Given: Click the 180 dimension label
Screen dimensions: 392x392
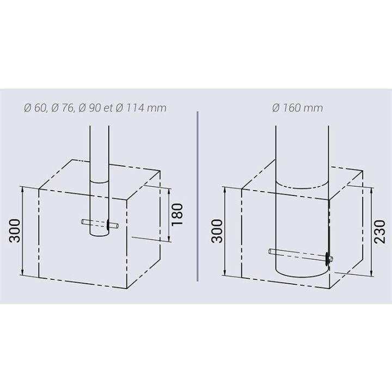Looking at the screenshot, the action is pos(177,215).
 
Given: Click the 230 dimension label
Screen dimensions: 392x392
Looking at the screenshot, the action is pos(379,231).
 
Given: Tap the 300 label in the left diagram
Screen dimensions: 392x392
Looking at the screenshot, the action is pos(14,230).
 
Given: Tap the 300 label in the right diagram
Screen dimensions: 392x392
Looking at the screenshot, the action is pos(217,231).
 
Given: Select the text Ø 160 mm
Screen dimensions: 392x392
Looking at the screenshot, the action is pos(297,108).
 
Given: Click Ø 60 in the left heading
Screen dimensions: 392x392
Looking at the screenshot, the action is pos(35,108).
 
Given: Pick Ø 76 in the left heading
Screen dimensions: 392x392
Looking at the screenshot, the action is pos(62,108).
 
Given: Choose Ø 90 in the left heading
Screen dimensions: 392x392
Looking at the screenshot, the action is pos(90,108).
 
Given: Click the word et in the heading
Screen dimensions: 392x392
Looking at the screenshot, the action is pos(108,108).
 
